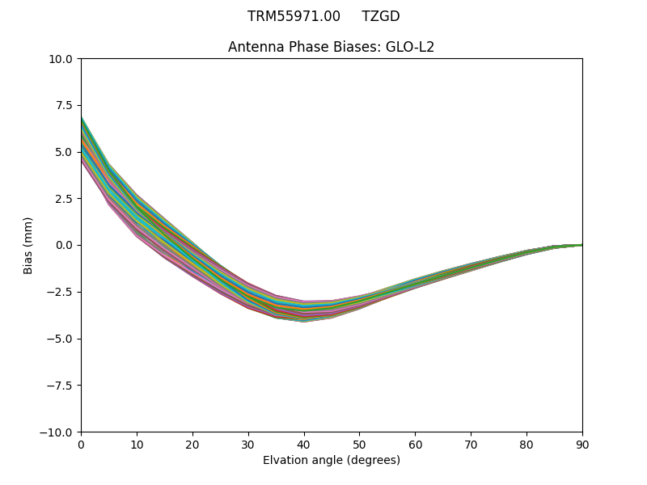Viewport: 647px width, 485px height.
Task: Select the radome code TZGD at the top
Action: (380, 16)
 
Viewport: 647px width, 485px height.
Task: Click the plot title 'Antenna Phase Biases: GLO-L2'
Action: (331, 47)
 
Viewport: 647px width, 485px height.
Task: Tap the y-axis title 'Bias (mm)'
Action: (28, 245)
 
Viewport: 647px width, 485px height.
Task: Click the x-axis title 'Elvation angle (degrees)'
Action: (331, 460)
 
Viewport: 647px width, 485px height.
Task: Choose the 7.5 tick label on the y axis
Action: (65, 105)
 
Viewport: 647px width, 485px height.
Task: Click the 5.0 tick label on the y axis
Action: (65, 152)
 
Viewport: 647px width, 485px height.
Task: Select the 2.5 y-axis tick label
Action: (65, 199)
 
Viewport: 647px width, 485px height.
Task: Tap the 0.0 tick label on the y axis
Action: (65, 245)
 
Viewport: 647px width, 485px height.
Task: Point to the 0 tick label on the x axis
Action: (81, 444)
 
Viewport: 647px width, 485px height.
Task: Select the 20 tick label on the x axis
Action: (192, 444)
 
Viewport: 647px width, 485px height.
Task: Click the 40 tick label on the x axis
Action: (303, 444)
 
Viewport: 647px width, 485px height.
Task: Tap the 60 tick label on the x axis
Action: (415, 444)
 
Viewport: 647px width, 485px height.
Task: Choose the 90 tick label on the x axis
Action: (581, 444)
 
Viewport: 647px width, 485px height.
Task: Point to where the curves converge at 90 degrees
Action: (581, 245)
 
